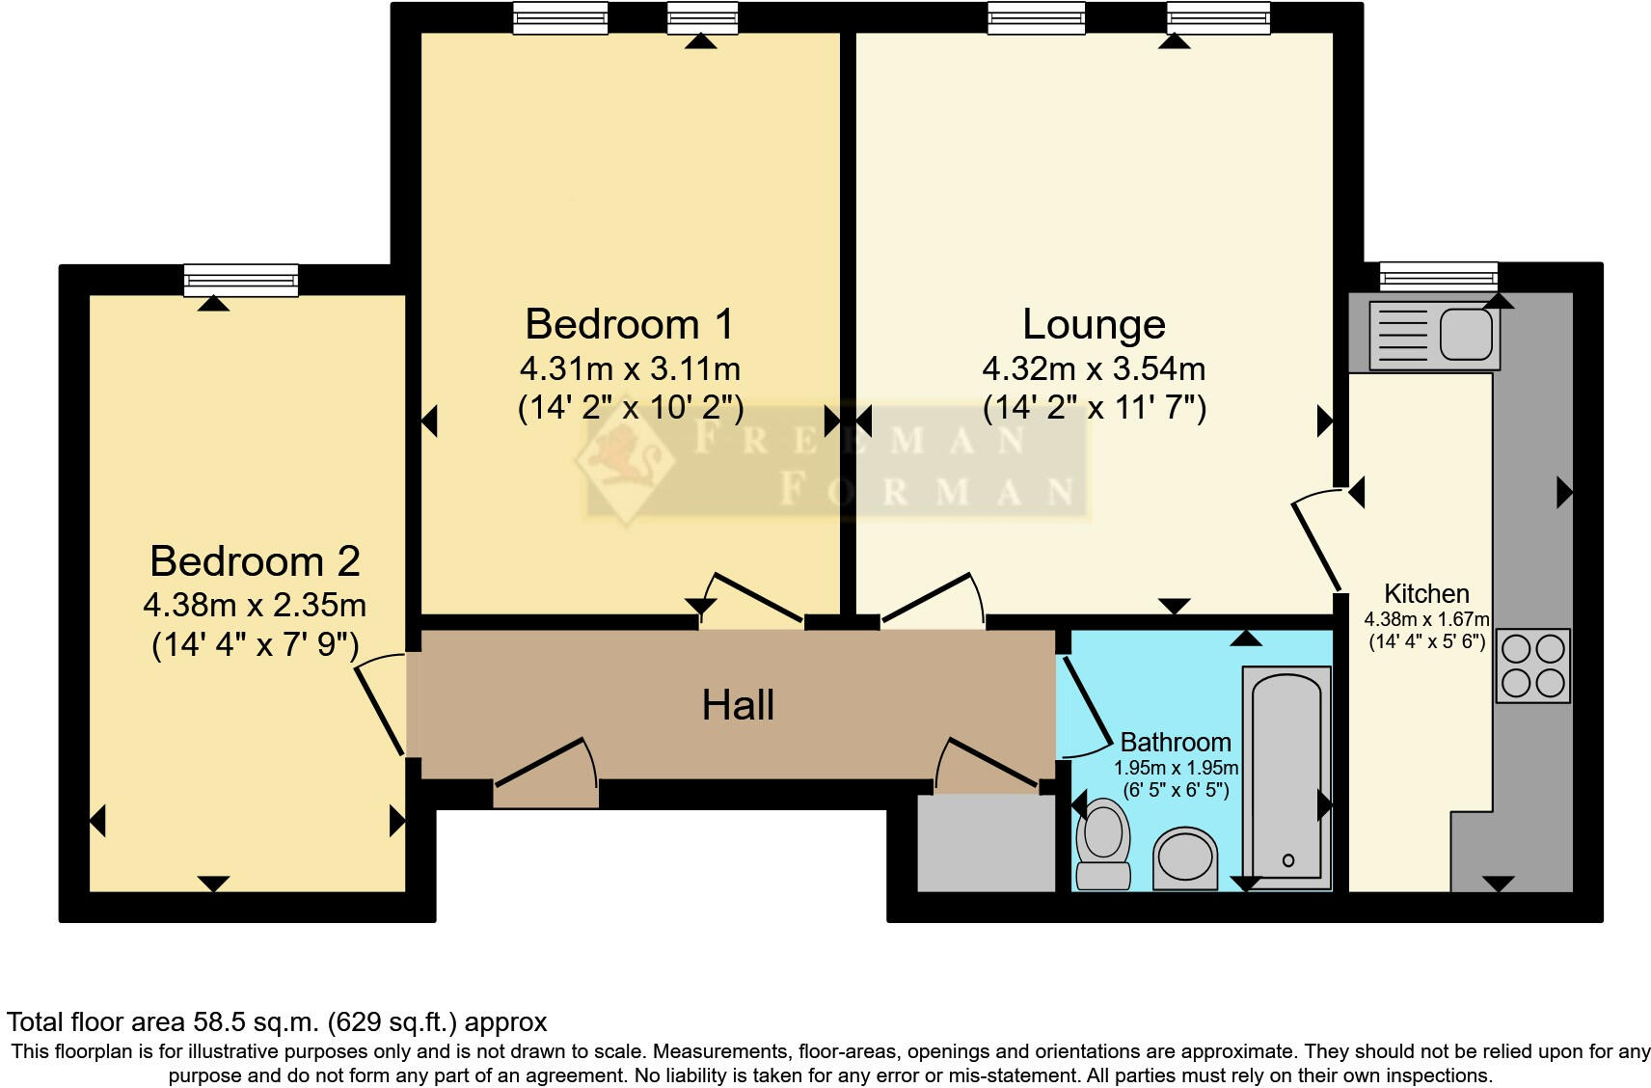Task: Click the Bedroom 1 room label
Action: [629, 324]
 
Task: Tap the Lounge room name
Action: [1094, 324]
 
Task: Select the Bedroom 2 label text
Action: [255, 561]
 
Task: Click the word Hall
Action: [738, 705]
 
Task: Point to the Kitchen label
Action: [1426, 593]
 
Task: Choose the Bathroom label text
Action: [1176, 742]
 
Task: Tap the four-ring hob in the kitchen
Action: [1532, 666]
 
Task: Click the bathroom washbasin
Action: [1185, 856]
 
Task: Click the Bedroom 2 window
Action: [241, 280]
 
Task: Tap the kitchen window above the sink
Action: [1438, 278]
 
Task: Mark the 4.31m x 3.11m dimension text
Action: [630, 368]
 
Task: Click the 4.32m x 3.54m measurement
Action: [1094, 368]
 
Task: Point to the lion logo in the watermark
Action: [624, 462]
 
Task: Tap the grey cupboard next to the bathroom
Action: [986, 842]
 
